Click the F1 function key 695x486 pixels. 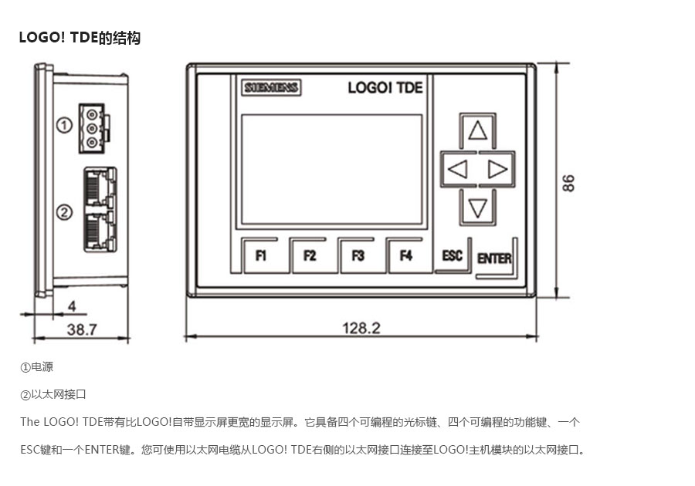[261, 256]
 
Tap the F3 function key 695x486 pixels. [358, 256]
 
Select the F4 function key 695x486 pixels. [406, 256]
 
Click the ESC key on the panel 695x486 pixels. [453, 255]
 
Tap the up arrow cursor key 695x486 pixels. [477, 130]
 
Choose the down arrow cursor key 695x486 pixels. [477, 207]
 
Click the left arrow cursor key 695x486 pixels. [458, 169]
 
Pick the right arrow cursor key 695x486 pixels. [497, 169]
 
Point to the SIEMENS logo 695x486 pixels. [271, 87]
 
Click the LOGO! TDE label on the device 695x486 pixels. [385, 87]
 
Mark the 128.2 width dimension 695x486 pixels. [361, 328]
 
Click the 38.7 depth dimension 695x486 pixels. [82, 329]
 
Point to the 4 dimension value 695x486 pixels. [72, 306]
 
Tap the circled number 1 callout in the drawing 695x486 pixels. [65, 125]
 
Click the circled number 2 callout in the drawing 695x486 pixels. [65, 211]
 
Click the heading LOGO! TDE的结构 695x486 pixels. [80, 38]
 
